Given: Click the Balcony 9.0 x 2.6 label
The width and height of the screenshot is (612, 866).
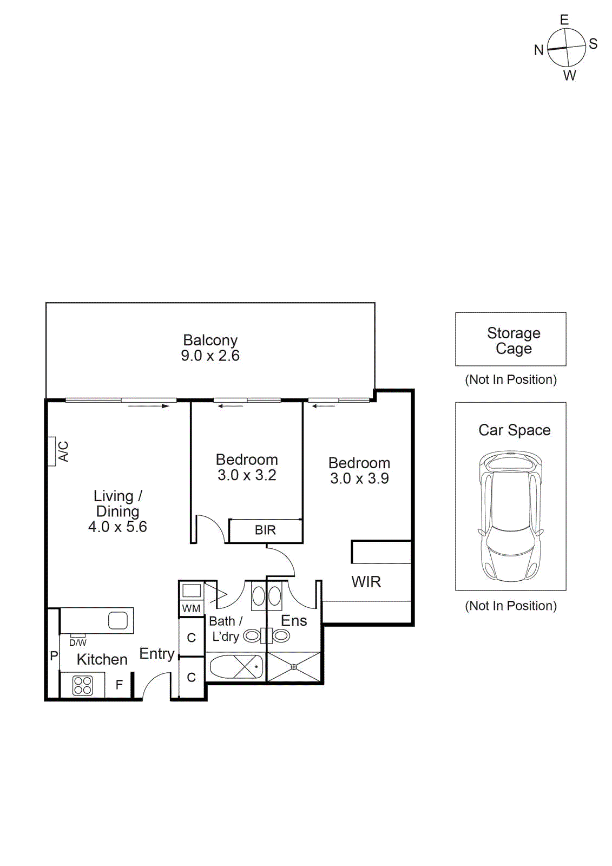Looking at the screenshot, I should [x=210, y=348].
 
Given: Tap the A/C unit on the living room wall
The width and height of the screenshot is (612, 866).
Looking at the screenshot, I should [x=52, y=451].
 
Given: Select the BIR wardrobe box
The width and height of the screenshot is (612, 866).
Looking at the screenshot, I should [x=265, y=530].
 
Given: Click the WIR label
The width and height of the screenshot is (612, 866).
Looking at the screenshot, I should [x=366, y=582].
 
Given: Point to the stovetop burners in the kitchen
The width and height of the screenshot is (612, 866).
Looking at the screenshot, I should [x=83, y=685].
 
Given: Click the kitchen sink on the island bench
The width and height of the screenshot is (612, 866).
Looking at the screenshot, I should [x=118, y=620].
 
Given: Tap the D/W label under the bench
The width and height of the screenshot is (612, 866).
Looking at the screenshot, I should [x=78, y=642].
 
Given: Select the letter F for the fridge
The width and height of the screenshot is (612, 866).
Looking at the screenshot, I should [x=119, y=685].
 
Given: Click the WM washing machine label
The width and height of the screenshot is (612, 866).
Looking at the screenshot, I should [x=191, y=608].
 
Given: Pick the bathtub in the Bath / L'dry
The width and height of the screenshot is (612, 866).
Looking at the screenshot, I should [x=236, y=667].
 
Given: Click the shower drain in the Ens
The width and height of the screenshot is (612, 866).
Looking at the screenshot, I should [x=294, y=667].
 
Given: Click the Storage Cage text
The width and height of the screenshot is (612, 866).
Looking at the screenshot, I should [x=514, y=340].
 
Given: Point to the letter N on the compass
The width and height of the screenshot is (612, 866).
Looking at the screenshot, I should [x=538, y=50].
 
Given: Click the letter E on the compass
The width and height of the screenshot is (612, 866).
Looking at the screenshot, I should [x=564, y=20].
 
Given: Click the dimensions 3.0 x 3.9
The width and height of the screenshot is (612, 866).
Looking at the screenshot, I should [x=359, y=478].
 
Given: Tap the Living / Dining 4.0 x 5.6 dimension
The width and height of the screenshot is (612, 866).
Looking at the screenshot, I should [x=117, y=527].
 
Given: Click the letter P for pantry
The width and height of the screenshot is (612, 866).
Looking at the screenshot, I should [x=54, y=656].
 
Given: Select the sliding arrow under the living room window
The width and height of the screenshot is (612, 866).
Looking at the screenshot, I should [x=149, y=406].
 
